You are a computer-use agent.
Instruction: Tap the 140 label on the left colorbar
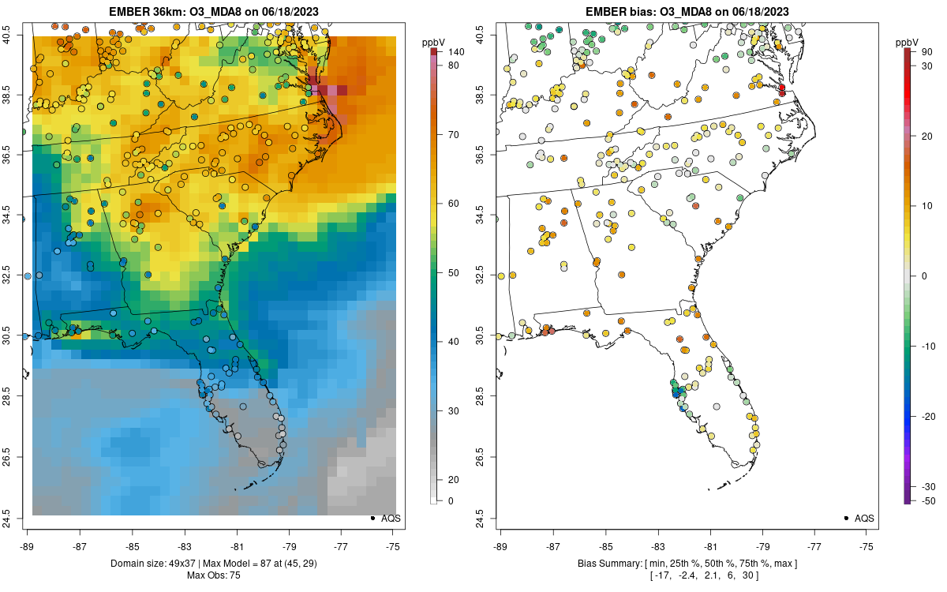(x=457, y=52)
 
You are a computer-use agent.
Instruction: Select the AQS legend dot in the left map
(x=372, y=518)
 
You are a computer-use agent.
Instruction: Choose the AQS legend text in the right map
(x=863, y=518)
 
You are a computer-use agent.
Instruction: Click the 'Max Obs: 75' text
(x=213, y=575)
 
